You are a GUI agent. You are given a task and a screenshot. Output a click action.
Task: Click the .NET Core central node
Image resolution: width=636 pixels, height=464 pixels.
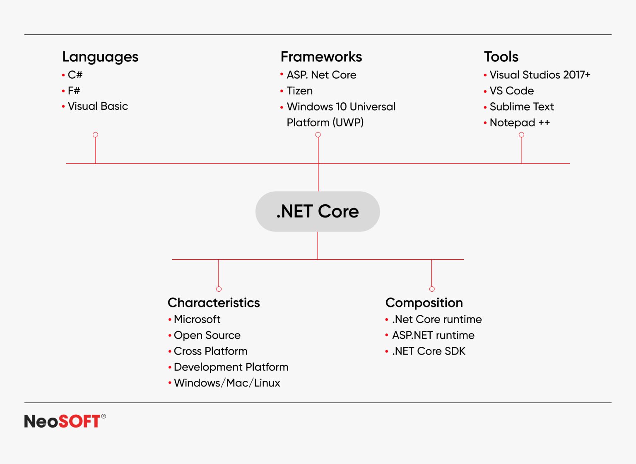click(x=318, y=211)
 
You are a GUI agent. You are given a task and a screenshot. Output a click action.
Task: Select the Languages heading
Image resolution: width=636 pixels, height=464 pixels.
click(x=100, y=57)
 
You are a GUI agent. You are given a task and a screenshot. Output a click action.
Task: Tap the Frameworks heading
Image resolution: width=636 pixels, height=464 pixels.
click(x=321, y=57)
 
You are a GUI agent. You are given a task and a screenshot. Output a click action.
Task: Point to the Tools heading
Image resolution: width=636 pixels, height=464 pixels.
click(x=501, y=57)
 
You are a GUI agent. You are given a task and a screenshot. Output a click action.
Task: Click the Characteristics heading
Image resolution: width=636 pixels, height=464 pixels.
click(x=214, y=303)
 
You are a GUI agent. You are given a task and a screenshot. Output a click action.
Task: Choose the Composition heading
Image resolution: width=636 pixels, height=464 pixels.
click(x=424, y=303)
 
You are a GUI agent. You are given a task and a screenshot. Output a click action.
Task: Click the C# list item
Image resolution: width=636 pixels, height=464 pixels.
click(x=75, y=75)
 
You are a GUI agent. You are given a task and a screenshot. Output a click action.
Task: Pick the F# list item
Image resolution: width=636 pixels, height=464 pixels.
click(x=74, y=91)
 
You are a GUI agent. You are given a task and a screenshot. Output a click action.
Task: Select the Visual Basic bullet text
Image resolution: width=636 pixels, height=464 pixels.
click(x=98, y=106)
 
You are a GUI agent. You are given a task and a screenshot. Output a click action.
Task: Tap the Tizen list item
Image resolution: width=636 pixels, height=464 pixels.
click(x=299, y=91)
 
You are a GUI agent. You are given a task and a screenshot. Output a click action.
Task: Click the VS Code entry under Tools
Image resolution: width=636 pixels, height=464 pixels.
click(x=511, y=91)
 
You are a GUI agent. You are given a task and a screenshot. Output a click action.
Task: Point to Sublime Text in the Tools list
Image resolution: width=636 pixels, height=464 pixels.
click(x=521, y=107)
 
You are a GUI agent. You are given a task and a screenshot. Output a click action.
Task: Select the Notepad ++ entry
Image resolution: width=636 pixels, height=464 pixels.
click(x=519, y=123)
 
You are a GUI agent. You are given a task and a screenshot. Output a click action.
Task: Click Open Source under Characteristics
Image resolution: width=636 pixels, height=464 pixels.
click(x=207, y=335)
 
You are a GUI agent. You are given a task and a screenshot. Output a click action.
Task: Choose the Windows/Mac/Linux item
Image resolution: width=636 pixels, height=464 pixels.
click(x=227, y=383)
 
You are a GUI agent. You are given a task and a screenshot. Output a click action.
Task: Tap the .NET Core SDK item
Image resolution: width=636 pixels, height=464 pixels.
click(x=429, y=351)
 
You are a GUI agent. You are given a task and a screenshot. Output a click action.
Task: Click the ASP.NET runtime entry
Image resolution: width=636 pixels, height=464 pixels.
click(x=433, y=335)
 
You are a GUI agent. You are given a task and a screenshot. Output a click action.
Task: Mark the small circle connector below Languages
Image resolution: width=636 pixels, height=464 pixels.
click(x=96, y=135)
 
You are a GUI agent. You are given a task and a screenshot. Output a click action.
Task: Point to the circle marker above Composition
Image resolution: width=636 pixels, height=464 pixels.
click(x=432, y=289)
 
